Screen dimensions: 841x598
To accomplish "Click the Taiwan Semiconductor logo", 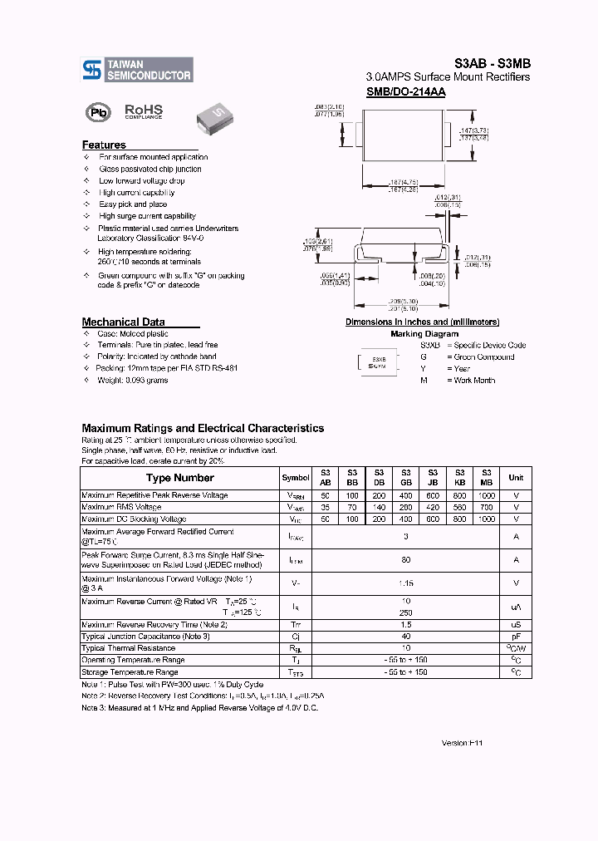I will point(138,70).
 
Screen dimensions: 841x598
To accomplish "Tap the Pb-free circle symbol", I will point(98,113).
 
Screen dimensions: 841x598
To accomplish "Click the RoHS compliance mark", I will point(143,111).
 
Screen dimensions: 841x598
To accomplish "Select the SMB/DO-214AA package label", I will point(405,92).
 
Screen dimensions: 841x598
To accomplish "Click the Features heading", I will point(104,145).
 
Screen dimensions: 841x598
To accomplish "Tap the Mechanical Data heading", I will point(123,322).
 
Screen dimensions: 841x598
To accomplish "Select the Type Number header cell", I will point(179,478).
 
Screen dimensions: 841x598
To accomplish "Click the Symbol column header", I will point(296,478).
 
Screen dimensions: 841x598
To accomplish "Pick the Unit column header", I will point(516,478).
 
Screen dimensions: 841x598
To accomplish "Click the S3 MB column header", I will point(487,477).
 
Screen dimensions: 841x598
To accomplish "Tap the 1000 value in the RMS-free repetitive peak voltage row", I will point(487,495).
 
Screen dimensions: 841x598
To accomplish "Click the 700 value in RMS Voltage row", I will point(487,507).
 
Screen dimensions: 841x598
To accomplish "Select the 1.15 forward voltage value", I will point(405,584).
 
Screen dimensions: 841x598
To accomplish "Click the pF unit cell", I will point(516,637).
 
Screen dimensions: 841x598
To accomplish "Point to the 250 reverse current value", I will point(405,612).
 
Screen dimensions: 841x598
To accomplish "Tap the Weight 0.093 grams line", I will point(133,381).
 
